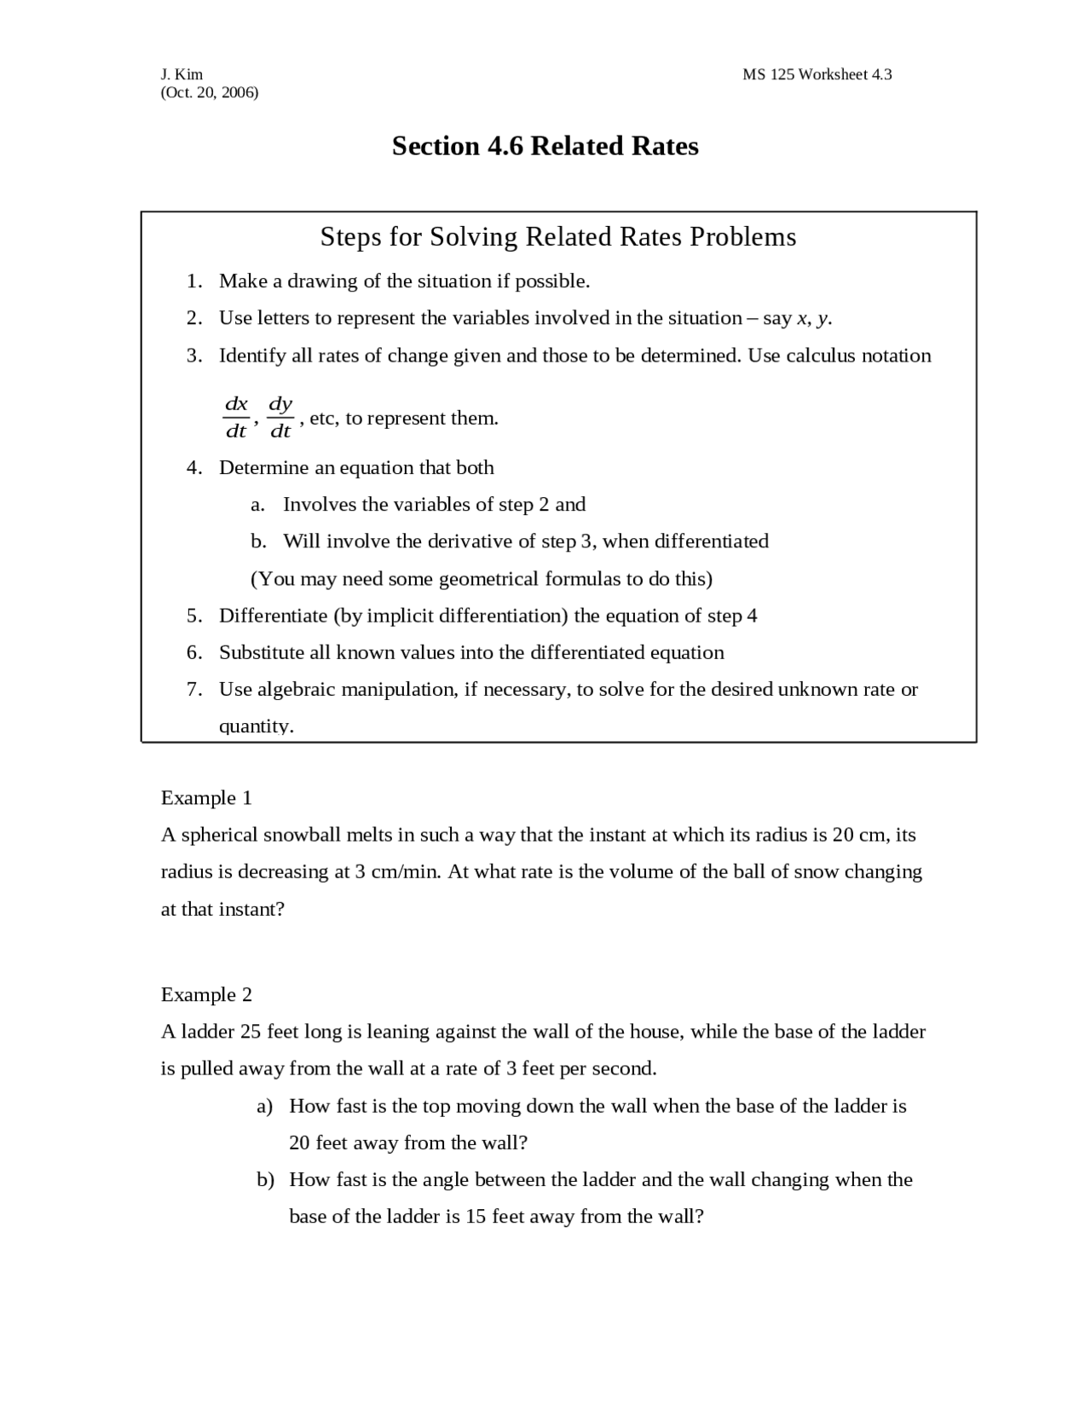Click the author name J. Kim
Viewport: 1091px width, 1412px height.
point(182,74)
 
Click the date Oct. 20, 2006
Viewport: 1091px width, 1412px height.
point(209,92)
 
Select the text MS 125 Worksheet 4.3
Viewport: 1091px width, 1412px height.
point(817,74)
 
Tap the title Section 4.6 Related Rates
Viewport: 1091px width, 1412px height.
point(545,146)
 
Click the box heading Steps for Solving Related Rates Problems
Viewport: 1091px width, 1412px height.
point(557,236)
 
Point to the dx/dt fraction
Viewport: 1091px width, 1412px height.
point(236,417)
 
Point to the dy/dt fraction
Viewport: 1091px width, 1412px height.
point(280,417)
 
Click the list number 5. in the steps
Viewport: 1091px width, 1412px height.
point(194,616)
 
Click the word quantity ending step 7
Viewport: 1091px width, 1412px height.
point(255,726)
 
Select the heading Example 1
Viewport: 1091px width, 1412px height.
point(206,798)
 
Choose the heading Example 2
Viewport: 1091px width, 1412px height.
point(206,995)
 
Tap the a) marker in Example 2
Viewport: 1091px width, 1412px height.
point(265,1106)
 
